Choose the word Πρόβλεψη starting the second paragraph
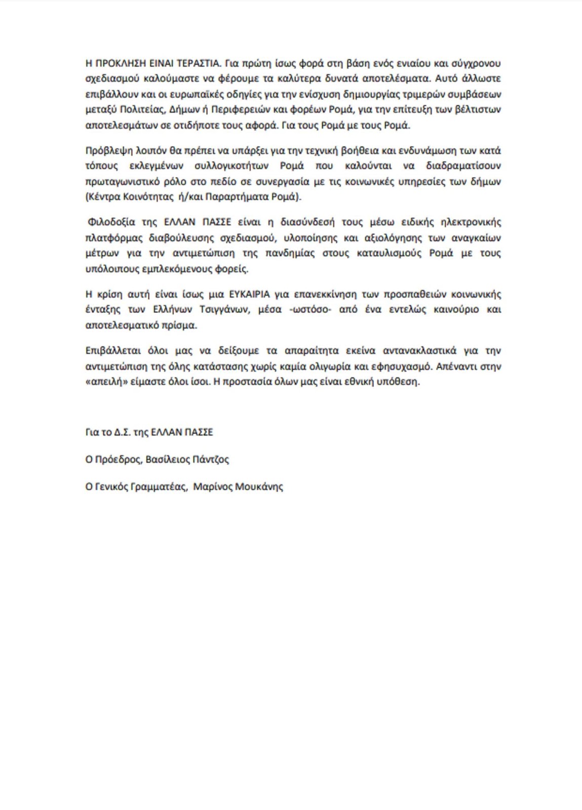pos(106,151)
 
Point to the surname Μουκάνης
pos(259,487)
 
